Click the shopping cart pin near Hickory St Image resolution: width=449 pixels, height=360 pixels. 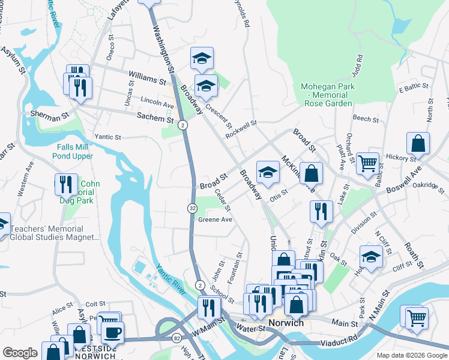pyautogui.click(x=367, y=163)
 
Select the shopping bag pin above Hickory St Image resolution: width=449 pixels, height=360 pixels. pyautogui.click(x=418, y=144)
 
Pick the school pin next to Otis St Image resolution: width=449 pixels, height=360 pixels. pyautogui.click(x=268, y=173)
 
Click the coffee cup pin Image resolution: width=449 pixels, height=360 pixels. pyautogui.click(x=112, y=332)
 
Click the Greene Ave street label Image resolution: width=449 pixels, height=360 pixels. pyautogui.click(x=215, y=220)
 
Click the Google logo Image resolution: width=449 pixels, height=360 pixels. pyautogui.click(x=20, y=353)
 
